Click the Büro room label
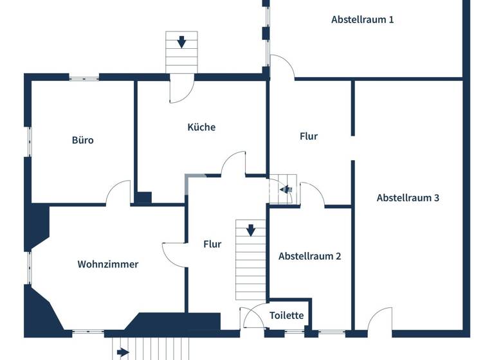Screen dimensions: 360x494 click(82, 139)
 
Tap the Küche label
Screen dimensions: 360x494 click(201, 127)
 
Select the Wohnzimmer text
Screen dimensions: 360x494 click(108, 264)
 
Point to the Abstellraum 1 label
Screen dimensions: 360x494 click(362, 19)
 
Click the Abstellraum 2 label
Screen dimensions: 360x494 click(310, 256)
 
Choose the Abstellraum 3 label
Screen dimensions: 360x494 click(408, 197)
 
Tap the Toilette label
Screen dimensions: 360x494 click(286, 316)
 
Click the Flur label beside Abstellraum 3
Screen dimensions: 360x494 click(309, 136)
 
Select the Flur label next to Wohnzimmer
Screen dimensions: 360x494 click(212, 244)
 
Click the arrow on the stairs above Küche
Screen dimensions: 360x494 click(182, 42)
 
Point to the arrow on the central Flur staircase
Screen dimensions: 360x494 click(251, 230)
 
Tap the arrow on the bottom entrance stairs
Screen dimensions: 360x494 click(123, 352)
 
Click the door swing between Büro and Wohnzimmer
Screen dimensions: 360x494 click(118, 193)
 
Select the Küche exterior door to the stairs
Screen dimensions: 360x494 click(181, 90)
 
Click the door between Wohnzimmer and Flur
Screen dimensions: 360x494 click(174, 253)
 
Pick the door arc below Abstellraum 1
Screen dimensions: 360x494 click(282, 67)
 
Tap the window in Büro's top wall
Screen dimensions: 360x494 click(84, 78)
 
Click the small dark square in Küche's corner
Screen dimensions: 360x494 click(143, 197)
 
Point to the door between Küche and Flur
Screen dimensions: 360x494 click(233, 163)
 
